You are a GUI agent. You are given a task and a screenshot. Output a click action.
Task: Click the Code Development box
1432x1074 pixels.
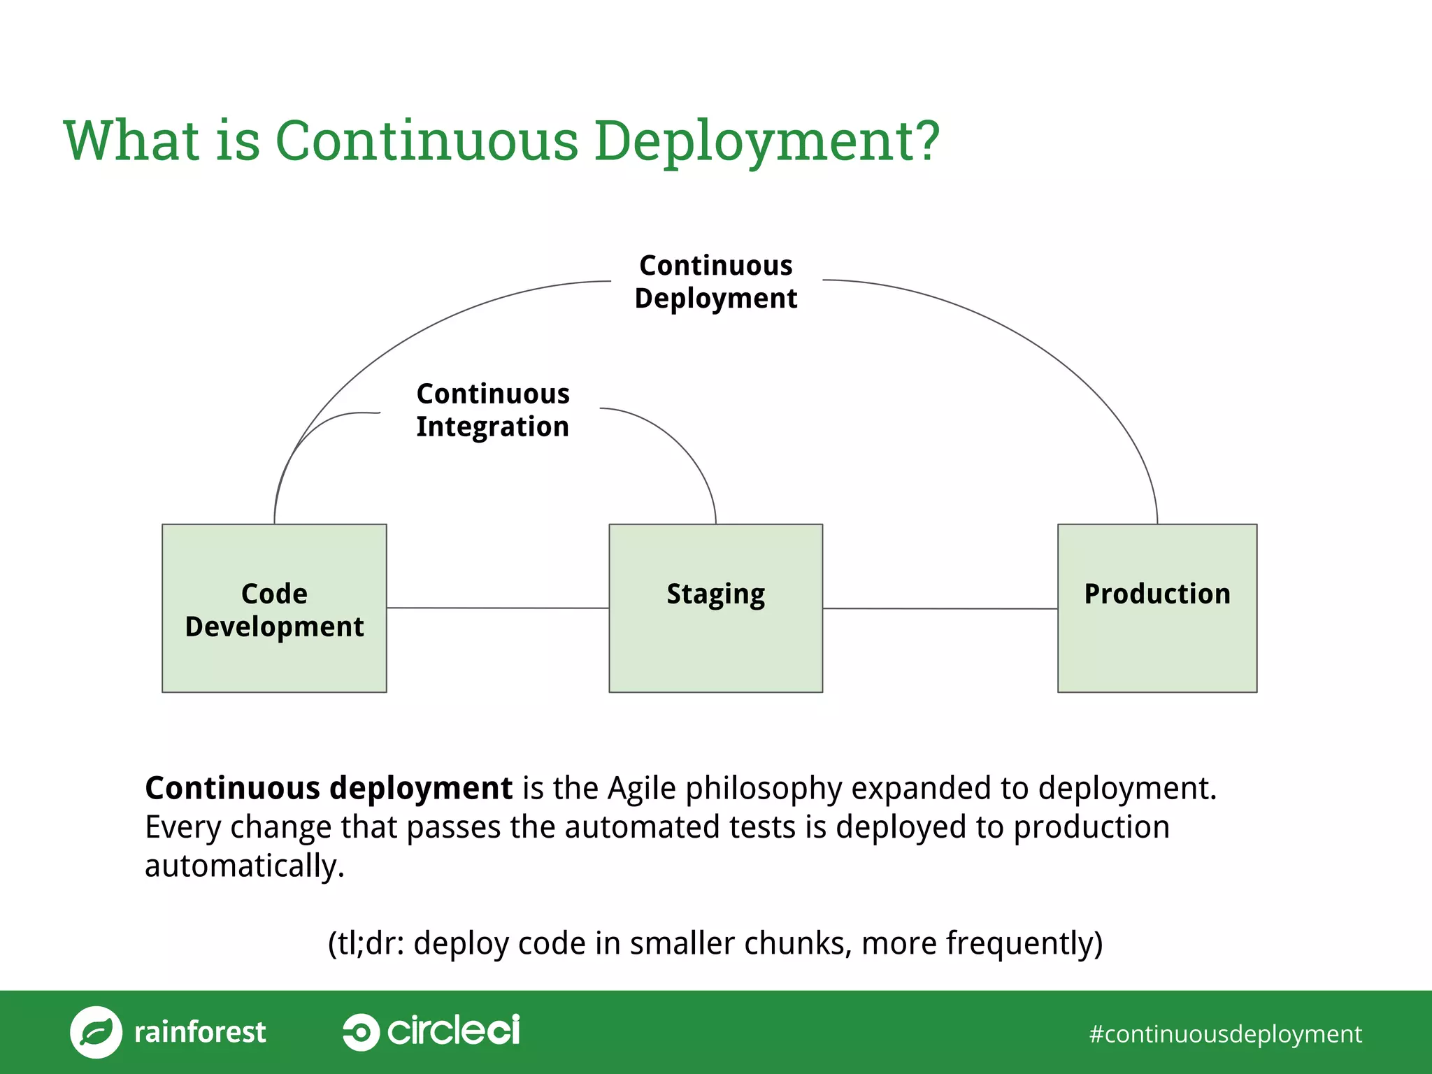click(274, 608)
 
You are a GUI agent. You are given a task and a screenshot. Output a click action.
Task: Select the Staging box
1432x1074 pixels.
click(715, 608)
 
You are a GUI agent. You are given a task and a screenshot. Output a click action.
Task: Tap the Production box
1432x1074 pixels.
click(1157, 608)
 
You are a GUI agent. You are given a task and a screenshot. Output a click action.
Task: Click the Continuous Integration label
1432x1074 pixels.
click(492, 410)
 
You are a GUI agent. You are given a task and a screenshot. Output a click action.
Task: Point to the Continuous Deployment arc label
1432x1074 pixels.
click(715, 281)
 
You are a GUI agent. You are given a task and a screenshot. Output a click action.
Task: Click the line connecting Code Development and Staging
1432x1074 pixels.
click(497, 608)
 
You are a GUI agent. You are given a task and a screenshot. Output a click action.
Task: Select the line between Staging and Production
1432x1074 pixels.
click(939, 608)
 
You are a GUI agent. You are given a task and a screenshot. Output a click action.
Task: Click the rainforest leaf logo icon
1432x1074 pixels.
click(96, 1032)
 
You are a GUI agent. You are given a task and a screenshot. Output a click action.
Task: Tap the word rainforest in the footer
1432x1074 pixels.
click(200, 1032)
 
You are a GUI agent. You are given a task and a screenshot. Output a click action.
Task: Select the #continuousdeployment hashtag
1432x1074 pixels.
click(1225, 1033)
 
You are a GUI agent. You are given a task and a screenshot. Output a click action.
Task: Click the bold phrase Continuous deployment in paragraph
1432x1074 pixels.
click(329, 788)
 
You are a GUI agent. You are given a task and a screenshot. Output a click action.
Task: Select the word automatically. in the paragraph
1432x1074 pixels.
click(245, 866)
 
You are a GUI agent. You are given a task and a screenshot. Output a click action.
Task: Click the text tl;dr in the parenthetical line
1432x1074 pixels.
click(368, 943)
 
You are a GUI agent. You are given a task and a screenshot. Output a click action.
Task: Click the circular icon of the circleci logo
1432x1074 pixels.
click(361, 1031)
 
